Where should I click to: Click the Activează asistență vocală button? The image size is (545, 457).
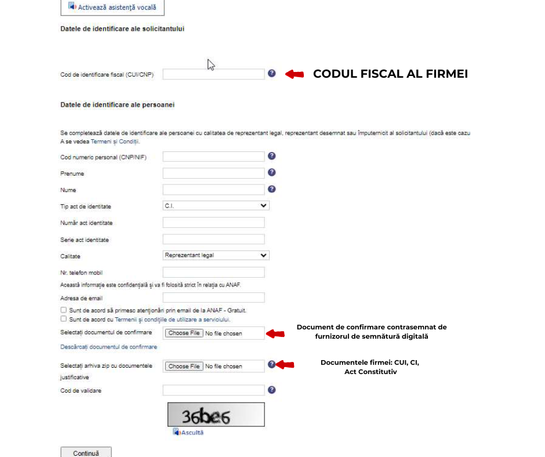(112, 8)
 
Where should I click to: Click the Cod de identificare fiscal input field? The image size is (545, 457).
(213, 74)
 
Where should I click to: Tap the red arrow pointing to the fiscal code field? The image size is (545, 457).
(295, 74)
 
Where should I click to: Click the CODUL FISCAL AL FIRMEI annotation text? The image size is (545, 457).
(390, 74)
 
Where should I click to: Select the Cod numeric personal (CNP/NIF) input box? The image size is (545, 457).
(213, 157)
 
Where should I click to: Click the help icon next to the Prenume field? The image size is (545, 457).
(271, 173)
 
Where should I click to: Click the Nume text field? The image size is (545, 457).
(213, 190)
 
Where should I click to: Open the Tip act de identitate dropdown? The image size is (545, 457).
(216, 206)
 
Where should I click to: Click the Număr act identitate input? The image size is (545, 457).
(213, 223)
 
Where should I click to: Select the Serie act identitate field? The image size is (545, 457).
(213, 240)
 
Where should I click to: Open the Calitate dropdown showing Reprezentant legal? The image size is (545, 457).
(216, 255)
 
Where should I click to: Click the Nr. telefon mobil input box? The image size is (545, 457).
(213, 273)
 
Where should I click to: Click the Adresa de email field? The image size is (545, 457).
(213, 298)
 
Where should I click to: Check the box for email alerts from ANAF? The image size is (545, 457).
(63, 310)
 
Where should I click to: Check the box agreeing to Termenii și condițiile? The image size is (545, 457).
(63, 319)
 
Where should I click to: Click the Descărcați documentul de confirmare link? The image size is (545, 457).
(108, 347)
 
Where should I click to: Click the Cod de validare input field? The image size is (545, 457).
(213, 390)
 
